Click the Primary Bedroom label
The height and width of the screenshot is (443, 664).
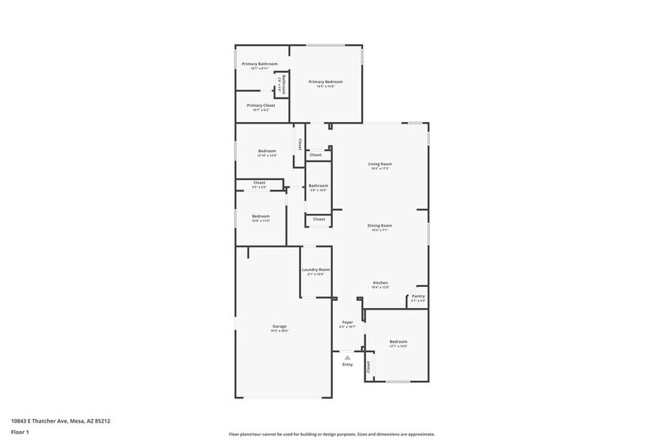tap(325, 81)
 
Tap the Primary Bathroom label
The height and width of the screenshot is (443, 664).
tap(260, 64)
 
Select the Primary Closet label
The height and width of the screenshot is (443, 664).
tap(260, 105)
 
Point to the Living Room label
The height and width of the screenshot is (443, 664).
tap(379, 164)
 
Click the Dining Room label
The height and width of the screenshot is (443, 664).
tap(379, 226)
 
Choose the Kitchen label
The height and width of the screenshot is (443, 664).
tap(379, 283)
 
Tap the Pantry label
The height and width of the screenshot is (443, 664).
tap(418, 296)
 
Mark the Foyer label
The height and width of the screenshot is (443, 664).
tap(347, 322)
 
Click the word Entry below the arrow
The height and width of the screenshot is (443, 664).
tap(347, 365)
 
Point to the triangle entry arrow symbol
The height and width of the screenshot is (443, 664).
tap(347, 357)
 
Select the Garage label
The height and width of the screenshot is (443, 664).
tap(279, 326)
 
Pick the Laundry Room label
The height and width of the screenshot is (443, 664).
tap(315, 270)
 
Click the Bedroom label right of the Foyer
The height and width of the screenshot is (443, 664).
tap(397, 341)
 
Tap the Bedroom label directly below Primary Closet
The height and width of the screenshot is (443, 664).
tap(267, 151)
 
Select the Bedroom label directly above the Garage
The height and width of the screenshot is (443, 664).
tap(260, 216)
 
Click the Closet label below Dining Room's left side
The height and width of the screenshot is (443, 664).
tap(319, 219)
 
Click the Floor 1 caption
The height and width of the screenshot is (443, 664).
tap(20, 432)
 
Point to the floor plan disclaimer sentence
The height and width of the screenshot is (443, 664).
tap(331, 434)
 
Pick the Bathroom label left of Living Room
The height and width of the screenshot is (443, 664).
tap(318, 185)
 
